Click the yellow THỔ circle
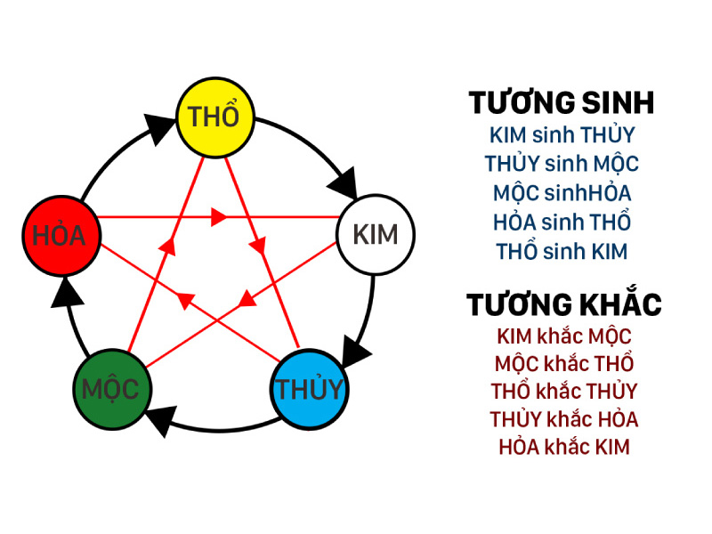point(214,117)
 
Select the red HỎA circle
point(61,235)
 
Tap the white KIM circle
point(376,234)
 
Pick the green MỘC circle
point(112,390)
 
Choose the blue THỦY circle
point(309,389)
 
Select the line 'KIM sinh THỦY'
point(562,135)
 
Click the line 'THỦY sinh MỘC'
point(562,164)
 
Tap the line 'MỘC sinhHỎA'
point(562,192)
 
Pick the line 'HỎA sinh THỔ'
point(562,222)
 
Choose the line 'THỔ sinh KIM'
point(562,251)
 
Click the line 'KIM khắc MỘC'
point(564,336)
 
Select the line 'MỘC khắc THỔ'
point(564,363)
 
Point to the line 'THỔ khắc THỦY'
point(564,392)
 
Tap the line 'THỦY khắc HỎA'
point(564,419)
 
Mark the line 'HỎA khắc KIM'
point(564,447)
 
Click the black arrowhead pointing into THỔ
point(159,128)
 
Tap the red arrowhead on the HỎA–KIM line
point(219,216)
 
